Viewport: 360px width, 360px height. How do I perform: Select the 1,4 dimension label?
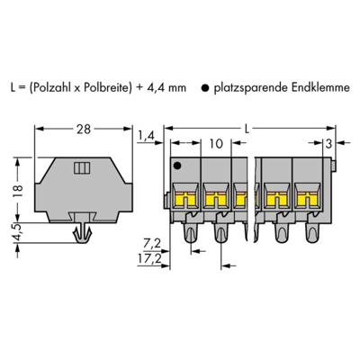coord(146,135)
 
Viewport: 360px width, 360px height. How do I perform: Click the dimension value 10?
coord(215,142)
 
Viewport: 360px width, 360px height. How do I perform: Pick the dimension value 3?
coord(331,141)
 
